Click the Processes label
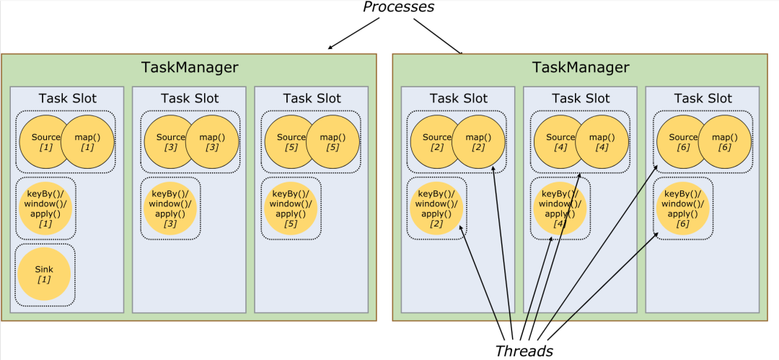[398, 7]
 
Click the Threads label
[524, 351]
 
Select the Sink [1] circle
[44, 274]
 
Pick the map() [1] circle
[87, 141]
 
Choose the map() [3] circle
[212, 141]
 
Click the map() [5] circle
[333, 141]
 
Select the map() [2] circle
[478, 141]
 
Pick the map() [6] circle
[725, 141]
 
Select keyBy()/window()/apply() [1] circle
[45, 208]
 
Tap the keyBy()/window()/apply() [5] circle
[291, 208]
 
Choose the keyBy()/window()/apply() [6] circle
[683, 208]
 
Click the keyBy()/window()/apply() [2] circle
[436, 208]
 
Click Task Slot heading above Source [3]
[189, 98]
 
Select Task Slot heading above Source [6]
[703, 98]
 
